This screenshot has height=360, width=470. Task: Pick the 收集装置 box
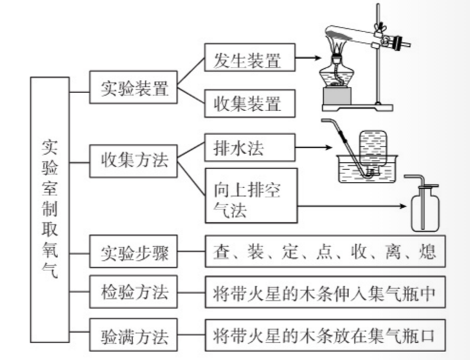(x=247, y=104)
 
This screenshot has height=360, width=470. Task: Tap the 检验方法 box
(x=134, y=293)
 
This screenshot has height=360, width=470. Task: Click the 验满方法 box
(x=134, y=333)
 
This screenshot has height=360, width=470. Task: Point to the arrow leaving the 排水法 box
(x=311, y=147)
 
